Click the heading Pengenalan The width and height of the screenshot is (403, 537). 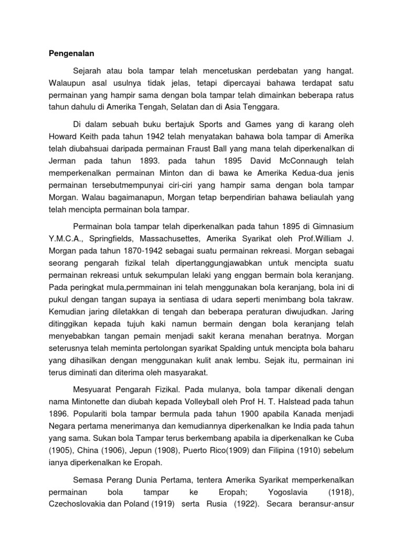coord(71,53)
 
